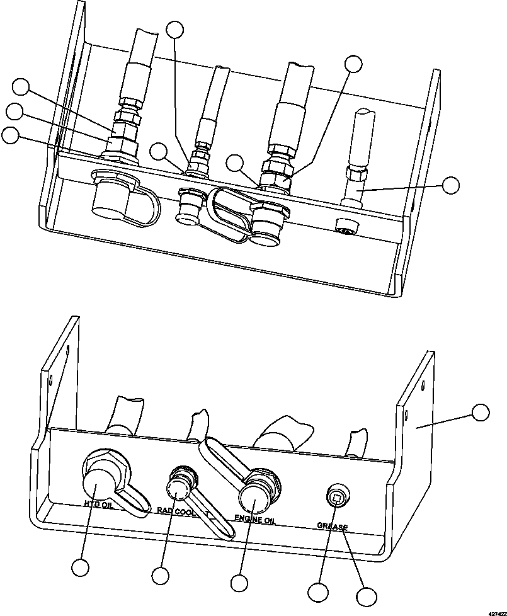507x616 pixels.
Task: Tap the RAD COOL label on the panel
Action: coord(176,512)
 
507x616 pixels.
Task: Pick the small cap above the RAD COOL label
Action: coord(177,487)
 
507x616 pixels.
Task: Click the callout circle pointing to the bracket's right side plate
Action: coord(481,413)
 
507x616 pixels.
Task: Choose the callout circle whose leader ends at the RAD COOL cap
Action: coord(161,575)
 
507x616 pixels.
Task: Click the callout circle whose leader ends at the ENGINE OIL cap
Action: coord(239,582)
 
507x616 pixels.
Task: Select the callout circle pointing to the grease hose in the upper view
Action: coord(450,185)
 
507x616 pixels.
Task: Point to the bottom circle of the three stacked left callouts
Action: coord(9,135)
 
